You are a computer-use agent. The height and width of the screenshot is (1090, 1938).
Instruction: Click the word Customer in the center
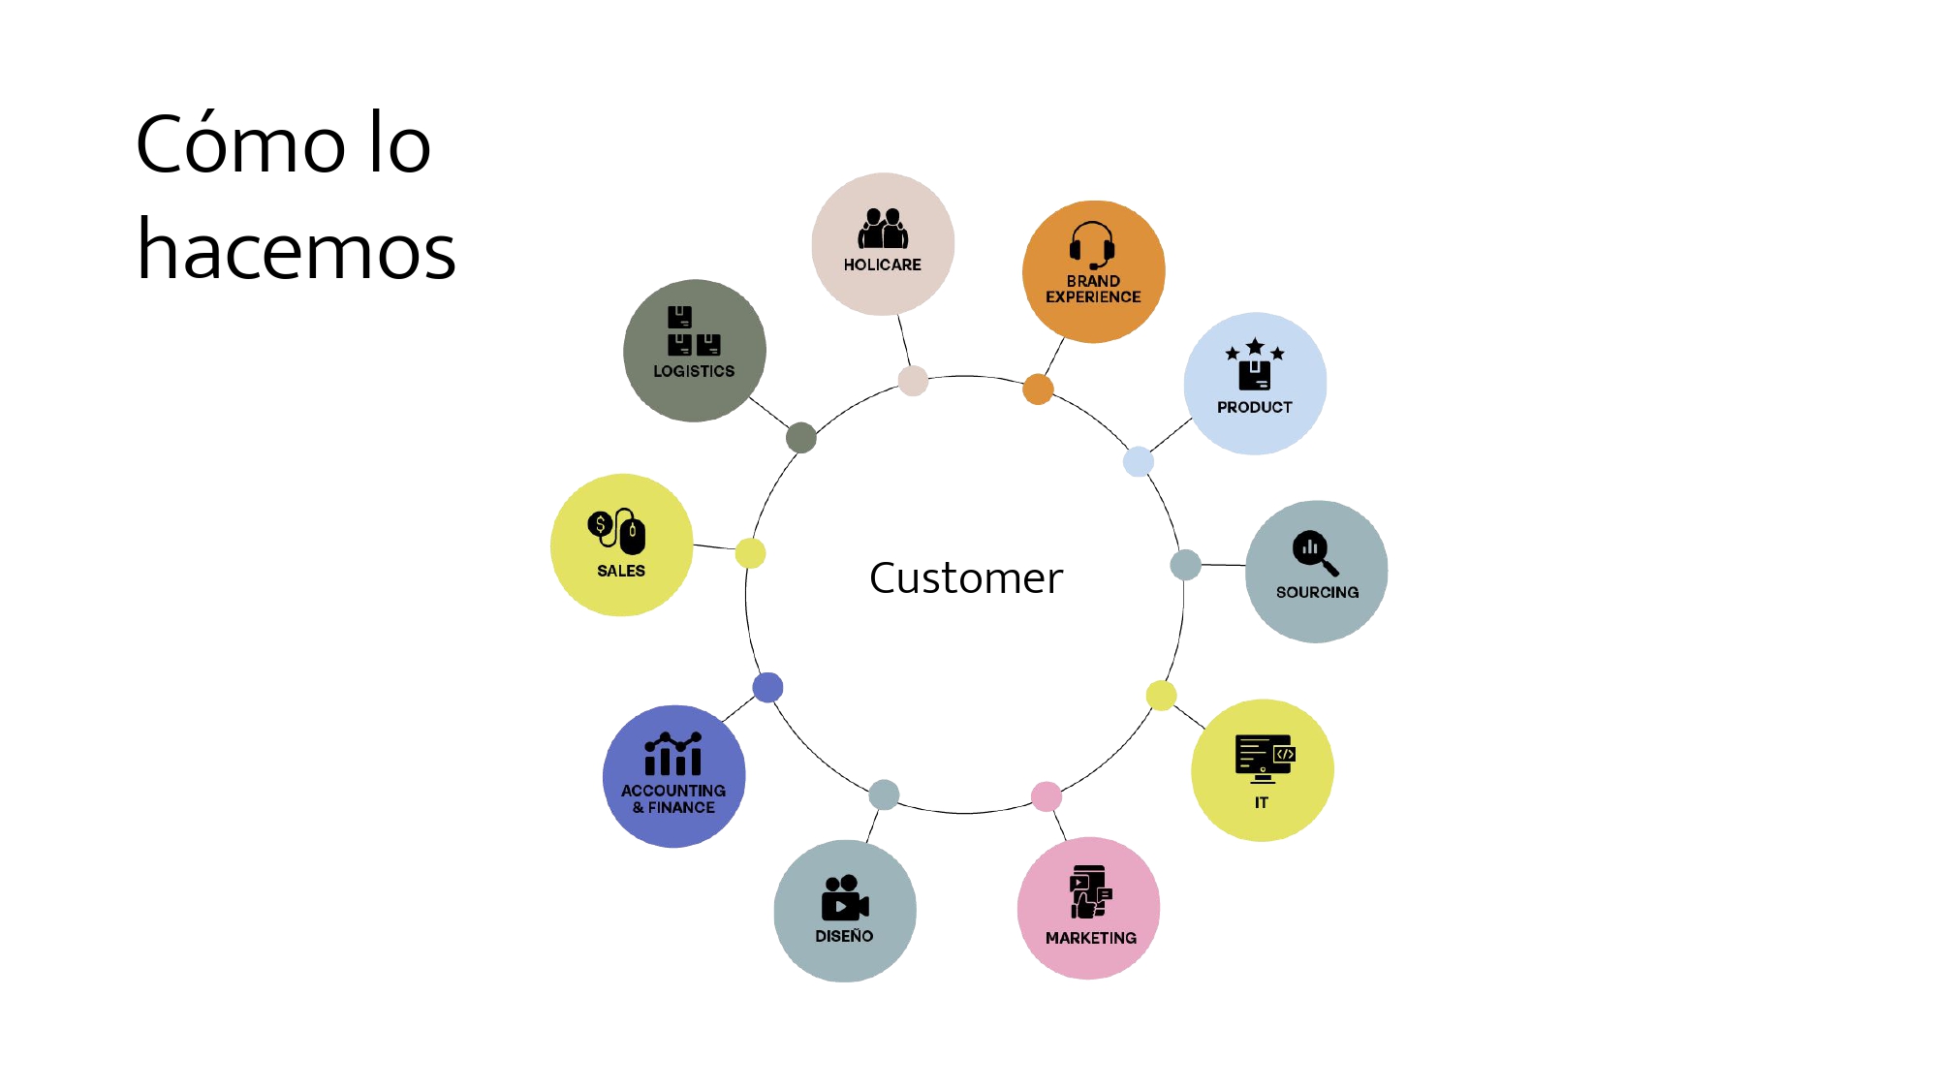[966, 578]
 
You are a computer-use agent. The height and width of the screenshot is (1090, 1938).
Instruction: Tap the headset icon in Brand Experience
[1092, 246]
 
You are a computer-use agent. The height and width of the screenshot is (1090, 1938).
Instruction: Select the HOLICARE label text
[882, 265]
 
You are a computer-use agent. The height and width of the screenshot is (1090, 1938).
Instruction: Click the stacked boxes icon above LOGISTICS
[693, 331]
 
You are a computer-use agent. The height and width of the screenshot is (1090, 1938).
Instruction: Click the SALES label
[621, 571]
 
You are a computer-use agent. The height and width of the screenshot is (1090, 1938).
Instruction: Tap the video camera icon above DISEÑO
[844, 898]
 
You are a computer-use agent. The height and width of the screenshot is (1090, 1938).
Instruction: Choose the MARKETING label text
[1090, 938]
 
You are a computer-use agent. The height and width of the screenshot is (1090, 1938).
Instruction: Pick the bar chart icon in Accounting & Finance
[673, 754]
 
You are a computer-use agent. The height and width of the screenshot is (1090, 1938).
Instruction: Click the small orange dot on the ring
[1038, 389]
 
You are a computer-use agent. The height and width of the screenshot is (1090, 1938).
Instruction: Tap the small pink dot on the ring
[1047, 796]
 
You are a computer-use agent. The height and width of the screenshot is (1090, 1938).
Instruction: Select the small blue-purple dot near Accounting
[767, 687]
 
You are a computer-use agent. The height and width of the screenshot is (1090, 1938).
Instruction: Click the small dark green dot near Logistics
[801, 438]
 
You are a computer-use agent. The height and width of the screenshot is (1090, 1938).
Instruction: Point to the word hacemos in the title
[297, 250]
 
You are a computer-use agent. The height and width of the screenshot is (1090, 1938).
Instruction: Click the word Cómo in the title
[240, 144]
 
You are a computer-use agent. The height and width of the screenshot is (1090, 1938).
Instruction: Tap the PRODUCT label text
[1254, 407]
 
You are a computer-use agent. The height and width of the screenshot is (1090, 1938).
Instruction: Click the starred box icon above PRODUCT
[1255, 364]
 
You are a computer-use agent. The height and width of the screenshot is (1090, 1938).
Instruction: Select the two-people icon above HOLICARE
[883, 229]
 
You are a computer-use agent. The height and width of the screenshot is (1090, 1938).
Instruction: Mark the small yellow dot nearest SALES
[750, 553]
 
